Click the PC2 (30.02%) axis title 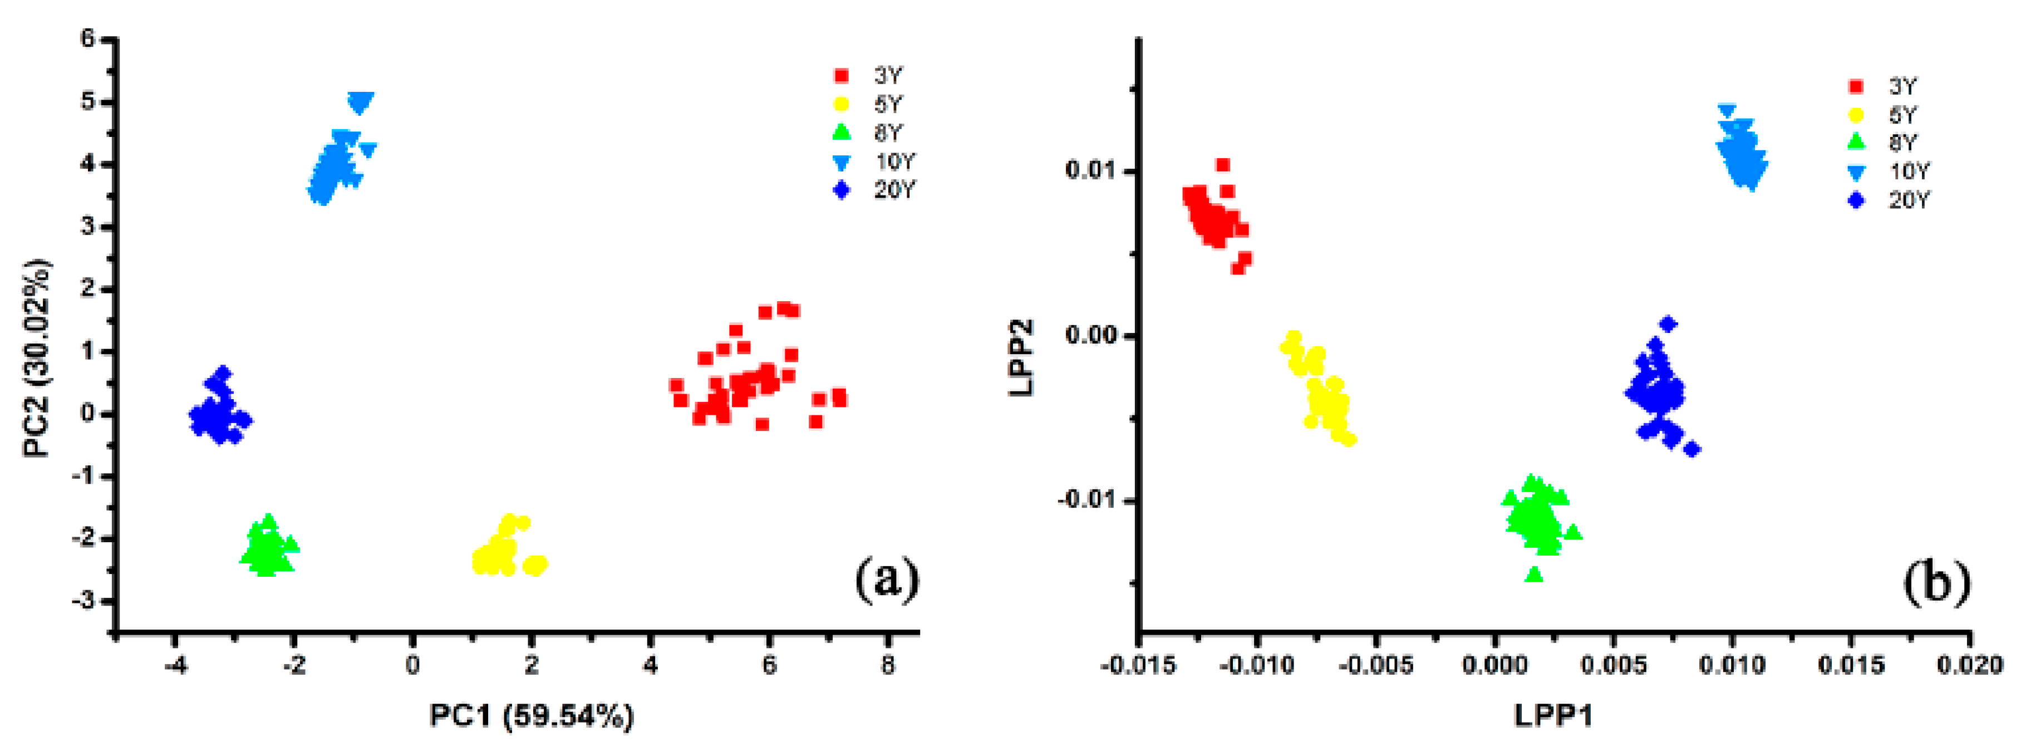tap(37, 358)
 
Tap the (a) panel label tap(887, 580)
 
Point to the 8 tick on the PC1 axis tap(887, 665)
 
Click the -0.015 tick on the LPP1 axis tap(1138, 665)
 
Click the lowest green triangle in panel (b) tap(1535, 575)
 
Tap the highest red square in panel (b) tap(1222, 165)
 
